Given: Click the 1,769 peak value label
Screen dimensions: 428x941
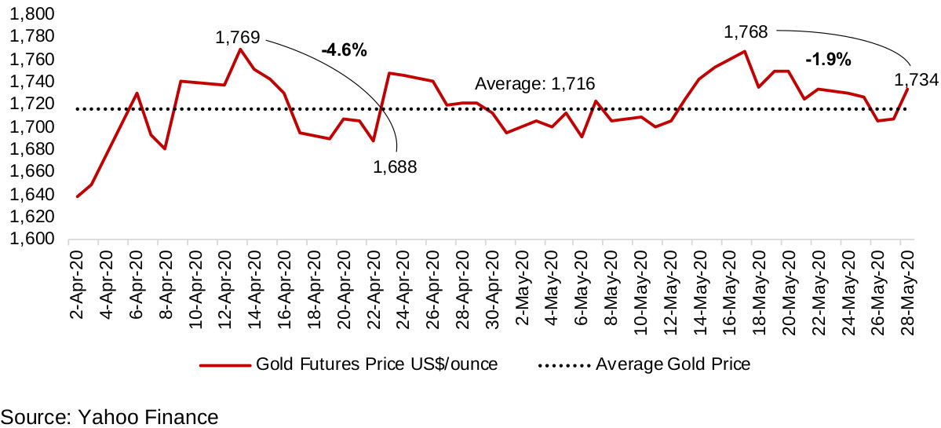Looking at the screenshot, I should [238, 36].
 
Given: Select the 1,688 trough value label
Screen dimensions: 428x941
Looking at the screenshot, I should [395, 166].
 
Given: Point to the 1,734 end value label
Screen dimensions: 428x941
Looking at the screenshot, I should [914, 79].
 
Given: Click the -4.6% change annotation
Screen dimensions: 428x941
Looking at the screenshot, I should [344, 50].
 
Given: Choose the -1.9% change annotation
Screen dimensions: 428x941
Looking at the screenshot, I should [829, 60].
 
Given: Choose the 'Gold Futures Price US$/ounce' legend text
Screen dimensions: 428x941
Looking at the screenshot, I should [377, 364].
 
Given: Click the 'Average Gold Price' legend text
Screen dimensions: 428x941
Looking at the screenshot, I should [673, 364].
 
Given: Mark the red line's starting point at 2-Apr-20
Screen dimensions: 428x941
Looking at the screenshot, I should [77, 196].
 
